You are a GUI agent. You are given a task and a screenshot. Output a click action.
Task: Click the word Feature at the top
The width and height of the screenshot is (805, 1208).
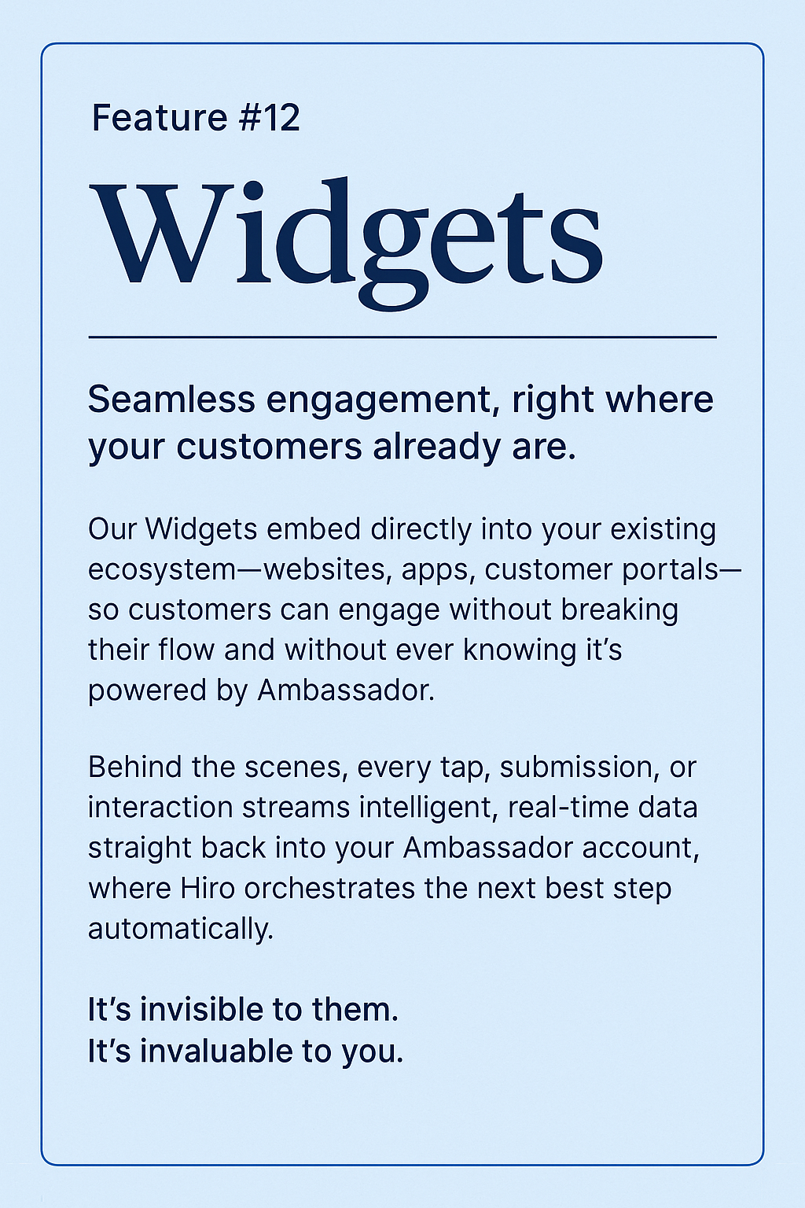pyautogui.click(x=160, y=118)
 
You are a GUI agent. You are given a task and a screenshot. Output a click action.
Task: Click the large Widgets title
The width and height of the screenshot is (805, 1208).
pyautogui.click(x=346, y=236)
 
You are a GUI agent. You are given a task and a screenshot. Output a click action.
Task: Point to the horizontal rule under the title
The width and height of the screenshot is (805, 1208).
pyautogui.click(x=402, y=337)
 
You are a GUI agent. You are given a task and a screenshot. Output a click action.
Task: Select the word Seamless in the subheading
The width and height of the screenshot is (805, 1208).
pyautogui.click(x=171, y=400)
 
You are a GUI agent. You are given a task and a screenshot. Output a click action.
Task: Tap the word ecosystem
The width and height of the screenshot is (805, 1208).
pyautogui.click(x=162, y=570)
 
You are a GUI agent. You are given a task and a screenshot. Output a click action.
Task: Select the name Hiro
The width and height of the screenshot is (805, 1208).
pyautogui.click(x=208, y=889)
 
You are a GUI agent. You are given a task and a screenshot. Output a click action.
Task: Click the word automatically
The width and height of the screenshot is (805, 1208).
pyautogui.click(x=180, y=930)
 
